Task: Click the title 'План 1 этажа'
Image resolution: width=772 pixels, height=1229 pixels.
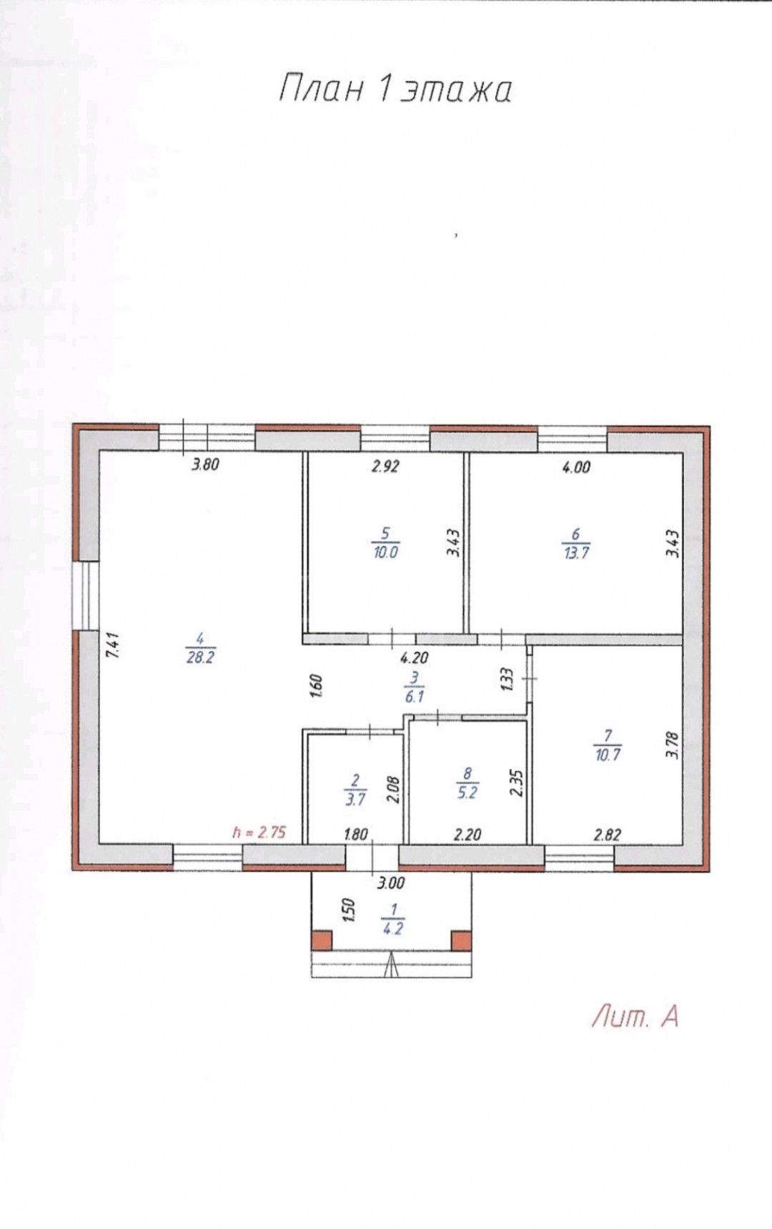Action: [x=395, y=90]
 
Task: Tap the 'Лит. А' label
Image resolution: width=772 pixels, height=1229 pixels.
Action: [x=634, y=1016]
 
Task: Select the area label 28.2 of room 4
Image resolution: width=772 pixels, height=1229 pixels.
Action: [x=200, y=659]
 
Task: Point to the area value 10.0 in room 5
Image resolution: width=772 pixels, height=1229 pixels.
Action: [x=385, y=552]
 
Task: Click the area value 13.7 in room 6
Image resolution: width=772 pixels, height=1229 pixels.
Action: [x=576, y=552]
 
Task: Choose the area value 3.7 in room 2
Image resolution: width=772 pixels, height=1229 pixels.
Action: [x=355, y=800]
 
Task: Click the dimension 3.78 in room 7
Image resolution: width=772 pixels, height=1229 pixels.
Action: [x=670, y=744]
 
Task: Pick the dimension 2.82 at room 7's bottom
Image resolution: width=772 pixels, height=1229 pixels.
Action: [x=607, y=834]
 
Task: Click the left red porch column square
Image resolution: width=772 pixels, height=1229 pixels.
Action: [x=322, y=940]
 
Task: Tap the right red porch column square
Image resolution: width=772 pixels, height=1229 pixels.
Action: [x=461, y=940]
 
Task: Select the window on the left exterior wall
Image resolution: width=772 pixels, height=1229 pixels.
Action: [x=85, y=595]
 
